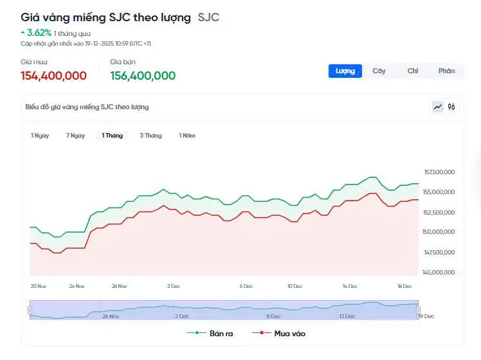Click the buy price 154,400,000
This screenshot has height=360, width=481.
(x=53, y=76)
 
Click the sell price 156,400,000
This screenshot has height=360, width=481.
(x=143, y=76)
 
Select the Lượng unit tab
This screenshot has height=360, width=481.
(x=345, y=71)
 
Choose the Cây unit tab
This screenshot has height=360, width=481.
(x=379, y=71)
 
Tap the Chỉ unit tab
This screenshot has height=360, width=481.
(x=413, y=71)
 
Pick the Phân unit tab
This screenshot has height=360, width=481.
(x=446, y=71)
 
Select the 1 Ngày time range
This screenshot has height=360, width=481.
(x=40, y=136)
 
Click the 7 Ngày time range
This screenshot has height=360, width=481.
(x=75, y=136)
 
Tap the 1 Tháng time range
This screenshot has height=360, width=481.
(x=112, y=136)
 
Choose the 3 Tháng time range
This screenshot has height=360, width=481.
(x=150, y=136)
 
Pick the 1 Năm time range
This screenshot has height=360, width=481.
(x=187, y=136)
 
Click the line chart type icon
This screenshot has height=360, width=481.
(x=438, y=107)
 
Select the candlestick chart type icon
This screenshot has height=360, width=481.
(x=451, y=107)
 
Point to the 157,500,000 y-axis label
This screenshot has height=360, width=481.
(x=440, y=172)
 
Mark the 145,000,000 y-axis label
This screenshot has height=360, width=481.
(x=440, y=273)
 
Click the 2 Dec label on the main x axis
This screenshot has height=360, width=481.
(x=173, y=285)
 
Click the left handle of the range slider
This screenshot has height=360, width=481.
(x=30, y=310)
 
